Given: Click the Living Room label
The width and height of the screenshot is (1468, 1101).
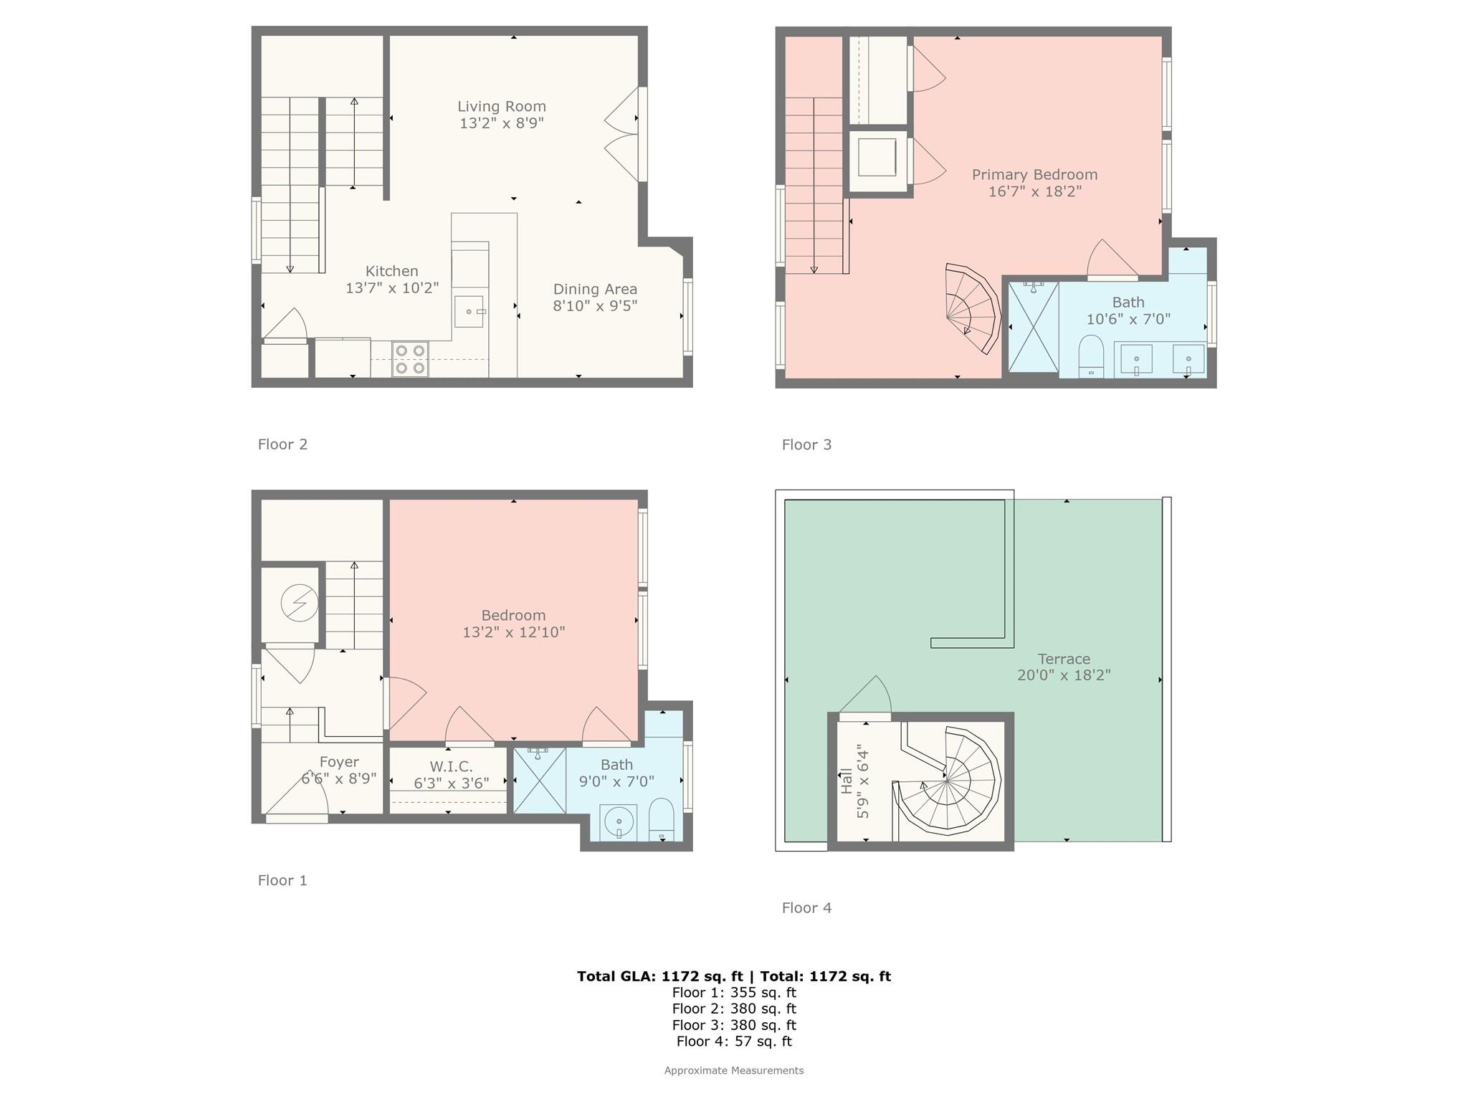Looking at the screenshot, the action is (502, 106).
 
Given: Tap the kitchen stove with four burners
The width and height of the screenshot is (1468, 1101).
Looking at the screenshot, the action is (410, 359).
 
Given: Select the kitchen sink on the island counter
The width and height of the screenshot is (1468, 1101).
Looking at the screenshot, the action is (469, 312).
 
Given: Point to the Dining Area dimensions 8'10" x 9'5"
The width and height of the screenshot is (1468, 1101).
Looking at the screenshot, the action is (595, 306).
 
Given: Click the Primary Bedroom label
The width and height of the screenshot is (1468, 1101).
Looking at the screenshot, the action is (1034, 174).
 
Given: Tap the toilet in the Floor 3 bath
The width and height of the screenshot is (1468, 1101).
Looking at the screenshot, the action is (1091, 356).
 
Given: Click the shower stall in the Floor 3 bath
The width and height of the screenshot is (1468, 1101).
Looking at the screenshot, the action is (1033, 327).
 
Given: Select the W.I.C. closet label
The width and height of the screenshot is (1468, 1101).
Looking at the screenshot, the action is (451, 766).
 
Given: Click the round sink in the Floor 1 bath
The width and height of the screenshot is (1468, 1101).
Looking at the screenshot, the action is (618, 821).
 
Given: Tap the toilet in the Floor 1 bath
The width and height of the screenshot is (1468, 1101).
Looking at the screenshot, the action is (662, 819).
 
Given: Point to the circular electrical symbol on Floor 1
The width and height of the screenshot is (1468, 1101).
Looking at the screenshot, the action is (299, 603).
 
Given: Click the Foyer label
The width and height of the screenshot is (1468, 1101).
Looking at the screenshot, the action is (339, 762).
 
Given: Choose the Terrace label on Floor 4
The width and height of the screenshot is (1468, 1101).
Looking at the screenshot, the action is (1064, 659).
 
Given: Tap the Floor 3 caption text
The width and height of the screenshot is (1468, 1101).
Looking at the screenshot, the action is (806, 444).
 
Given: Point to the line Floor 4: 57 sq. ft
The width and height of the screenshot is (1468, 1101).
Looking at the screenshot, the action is (734, 1042).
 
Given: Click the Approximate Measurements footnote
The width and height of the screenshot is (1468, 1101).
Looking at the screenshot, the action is (734, 1071).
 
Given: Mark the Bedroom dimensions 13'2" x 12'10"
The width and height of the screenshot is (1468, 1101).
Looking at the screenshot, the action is (514, 632).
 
